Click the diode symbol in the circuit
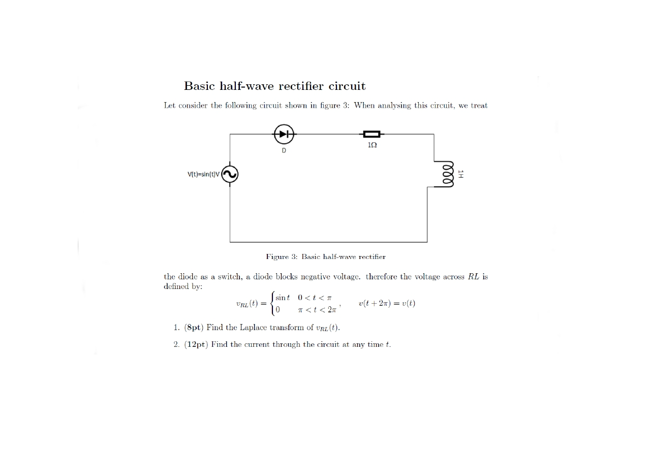tap(284, 134)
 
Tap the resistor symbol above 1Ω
tap(372, 134)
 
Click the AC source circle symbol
tap(229, 174)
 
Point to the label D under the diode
tap(284, 150)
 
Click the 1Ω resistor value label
tap(372, 145)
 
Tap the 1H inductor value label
tap(461, 174)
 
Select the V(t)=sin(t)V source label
tap(204, 174)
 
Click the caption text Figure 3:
tap(282, 257)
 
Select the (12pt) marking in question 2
tap(196, 345)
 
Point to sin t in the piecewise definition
tap(283, 298)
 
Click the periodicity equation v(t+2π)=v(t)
tap(387, 304)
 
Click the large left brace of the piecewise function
tap(273, 304)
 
